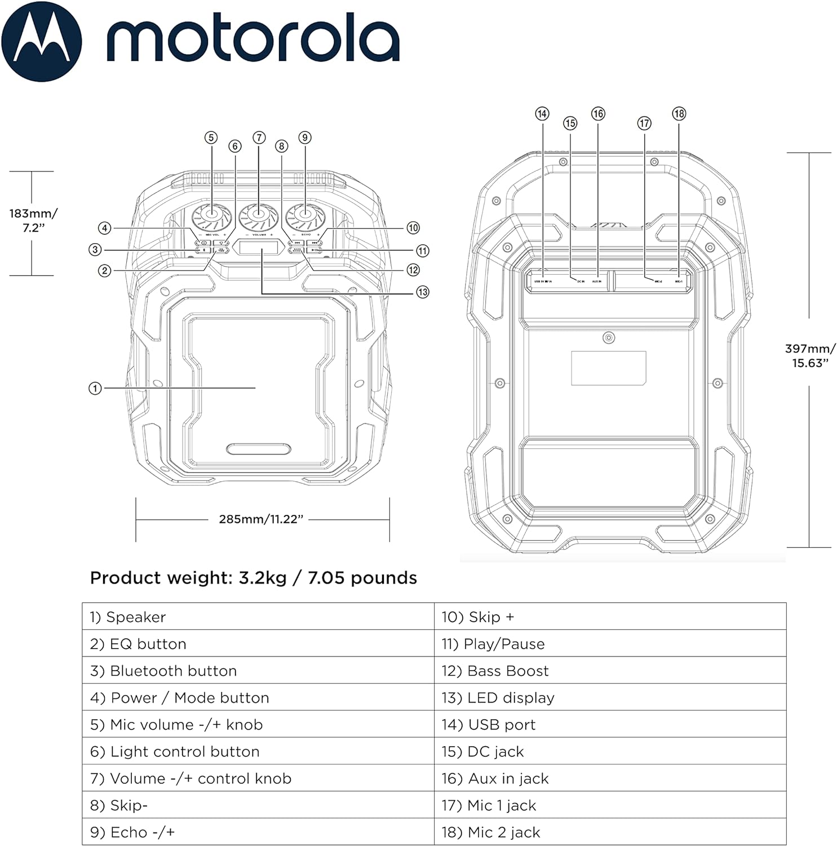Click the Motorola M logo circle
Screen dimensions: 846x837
click(x=42, y=42)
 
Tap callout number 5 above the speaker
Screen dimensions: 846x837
click(x=211, y=138)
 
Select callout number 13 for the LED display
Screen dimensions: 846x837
click(x=423, y=292)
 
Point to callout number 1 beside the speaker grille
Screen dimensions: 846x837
click(x=95, y=388)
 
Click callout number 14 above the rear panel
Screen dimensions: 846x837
click(x=542, y=114)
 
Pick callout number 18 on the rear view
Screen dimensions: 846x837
click(x=679, y=114)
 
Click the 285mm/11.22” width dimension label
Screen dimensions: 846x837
click(x=261, y=519)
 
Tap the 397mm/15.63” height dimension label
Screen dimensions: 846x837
click(x=810, y=356)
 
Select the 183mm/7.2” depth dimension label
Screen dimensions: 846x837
click(x=33, y=221)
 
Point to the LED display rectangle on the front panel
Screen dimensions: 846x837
click(x=259, y=246)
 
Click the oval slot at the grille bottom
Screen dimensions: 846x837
click(x=259, y=449)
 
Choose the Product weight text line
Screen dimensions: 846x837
click(x=254, y=578)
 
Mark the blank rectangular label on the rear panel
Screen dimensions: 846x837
click(x=608, y=368)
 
